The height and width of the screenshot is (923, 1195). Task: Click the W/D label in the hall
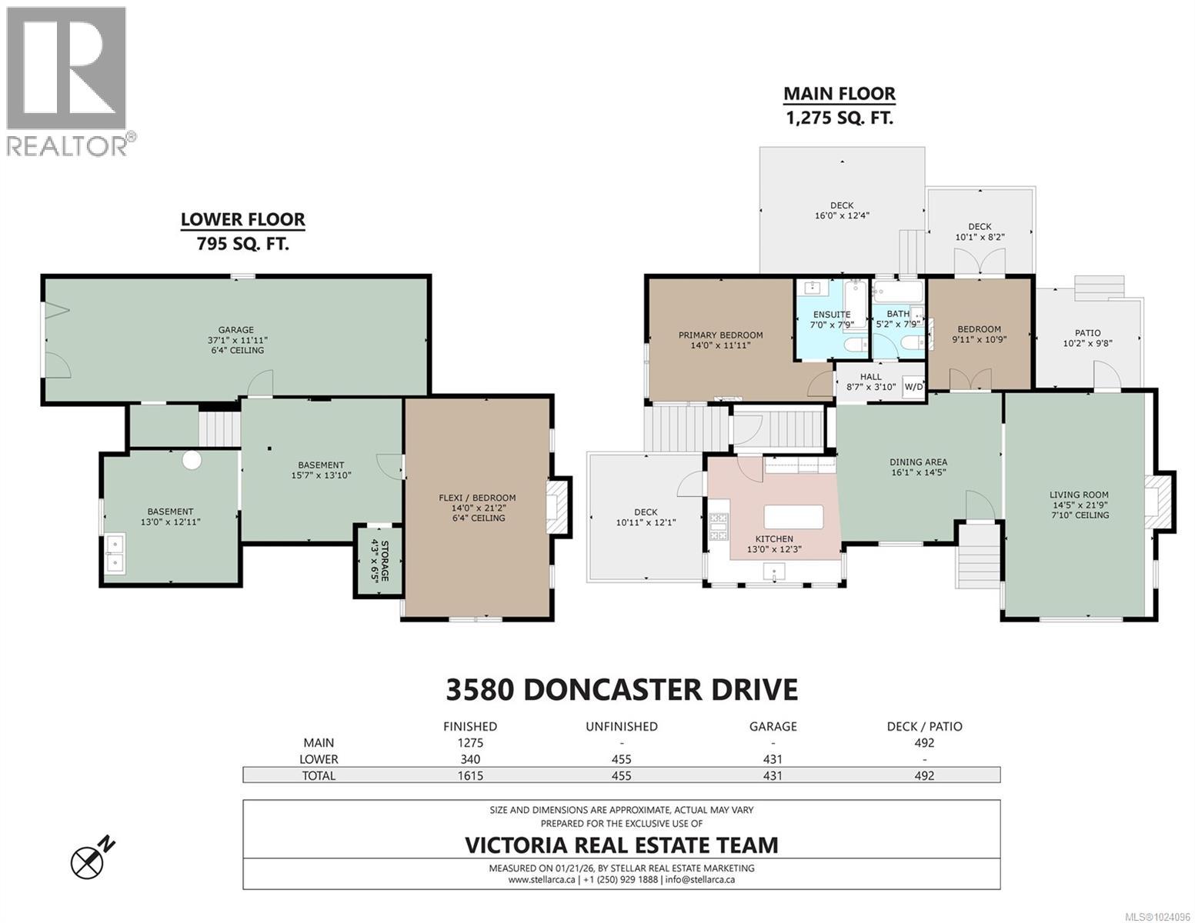coord(913,386)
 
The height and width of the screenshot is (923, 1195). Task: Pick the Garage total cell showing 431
coord(772,775)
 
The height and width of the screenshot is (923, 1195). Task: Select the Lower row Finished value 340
coord(469,759)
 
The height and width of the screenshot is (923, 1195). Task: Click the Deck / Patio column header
coord(923,726)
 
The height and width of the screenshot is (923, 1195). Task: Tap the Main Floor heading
coord(839,94)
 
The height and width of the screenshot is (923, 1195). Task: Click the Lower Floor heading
coord(242,220)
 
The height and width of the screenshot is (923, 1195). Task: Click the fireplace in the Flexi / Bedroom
coord(558,505)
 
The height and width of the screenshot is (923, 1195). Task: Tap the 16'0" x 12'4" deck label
coord(841,216)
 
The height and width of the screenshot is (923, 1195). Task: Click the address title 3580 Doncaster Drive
coord(621,689)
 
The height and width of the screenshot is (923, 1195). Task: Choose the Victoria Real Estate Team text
coord(621,845)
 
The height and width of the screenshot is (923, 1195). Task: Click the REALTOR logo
coord(67,81)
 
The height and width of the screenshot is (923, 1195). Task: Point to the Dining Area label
coord(917,467)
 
